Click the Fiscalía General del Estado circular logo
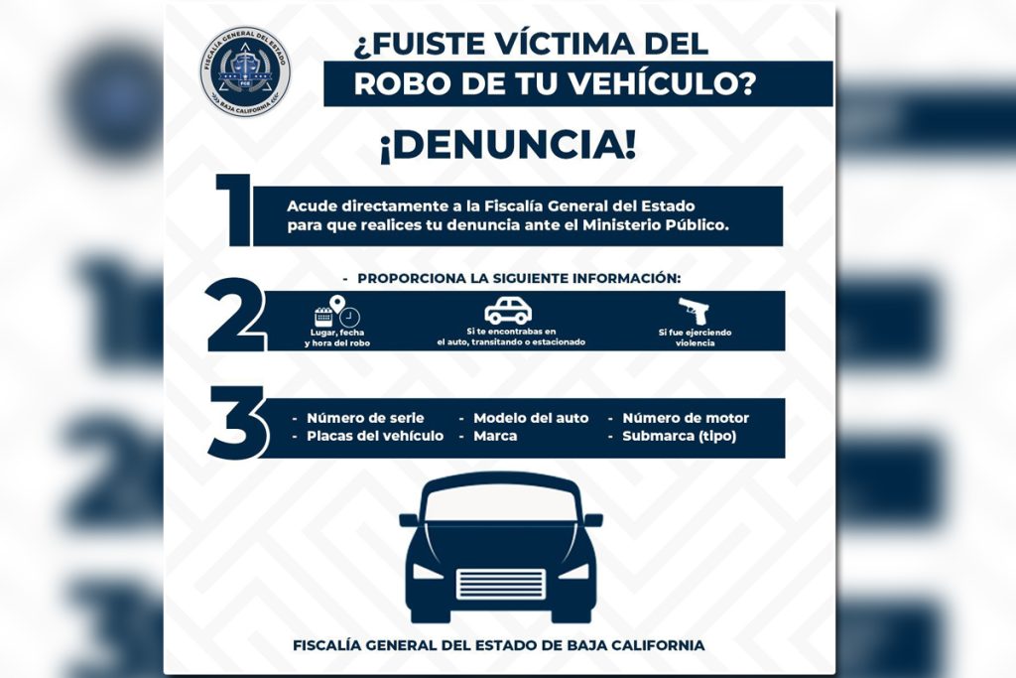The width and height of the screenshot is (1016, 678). [246, 71]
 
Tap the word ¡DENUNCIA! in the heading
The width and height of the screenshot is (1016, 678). [508, 145]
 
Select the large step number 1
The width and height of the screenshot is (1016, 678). [234, 210]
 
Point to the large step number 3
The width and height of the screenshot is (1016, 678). [237, 423]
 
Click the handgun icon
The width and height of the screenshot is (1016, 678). [694, 311]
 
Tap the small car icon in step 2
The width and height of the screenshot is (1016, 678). [509, 311]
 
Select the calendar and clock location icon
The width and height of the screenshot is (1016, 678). [337, 311]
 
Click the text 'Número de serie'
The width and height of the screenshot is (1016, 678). [365, 418]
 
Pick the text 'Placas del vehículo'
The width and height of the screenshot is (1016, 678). [375, 436]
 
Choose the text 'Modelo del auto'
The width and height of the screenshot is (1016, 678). [531, 418]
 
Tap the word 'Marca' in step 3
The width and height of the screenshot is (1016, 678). [495, 436]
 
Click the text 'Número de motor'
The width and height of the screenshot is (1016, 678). [686, 418]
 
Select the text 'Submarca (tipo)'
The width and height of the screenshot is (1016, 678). [679, 436]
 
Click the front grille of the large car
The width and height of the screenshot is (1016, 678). [501, 584]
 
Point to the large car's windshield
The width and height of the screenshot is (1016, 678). [501, 503]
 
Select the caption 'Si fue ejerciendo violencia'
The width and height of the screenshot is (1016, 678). [695, 338]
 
